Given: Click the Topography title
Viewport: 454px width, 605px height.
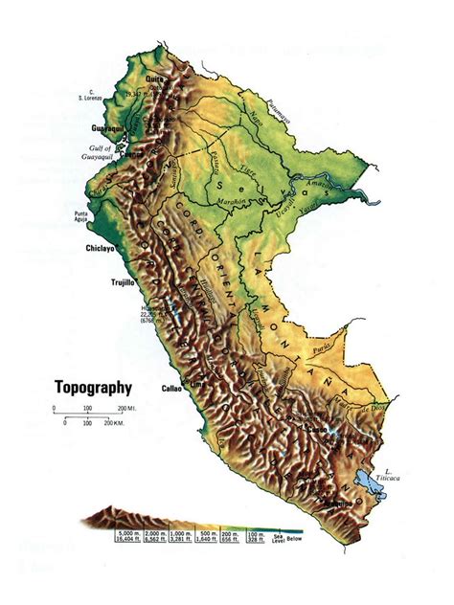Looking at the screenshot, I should point(92,389).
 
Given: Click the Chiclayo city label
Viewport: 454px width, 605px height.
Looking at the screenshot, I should point(100,248).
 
